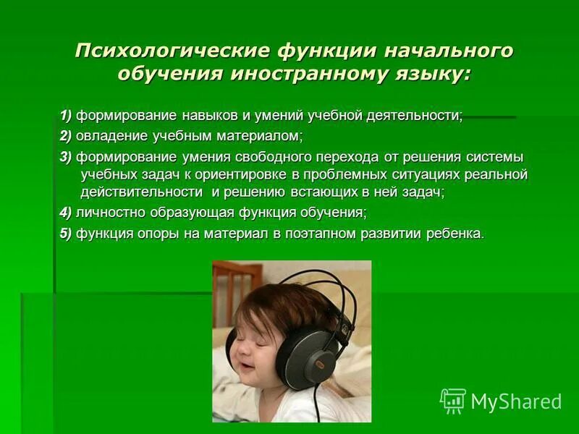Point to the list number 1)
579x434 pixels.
(66, 116)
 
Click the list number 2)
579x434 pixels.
(66, 136)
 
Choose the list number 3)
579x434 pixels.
(66, 157)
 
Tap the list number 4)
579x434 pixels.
(66, 213)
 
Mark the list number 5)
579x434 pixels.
(66, 234)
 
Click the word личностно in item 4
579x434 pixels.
(111, 213)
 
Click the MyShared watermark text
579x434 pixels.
(516, 401)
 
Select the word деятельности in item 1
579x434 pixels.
(419, 116)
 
